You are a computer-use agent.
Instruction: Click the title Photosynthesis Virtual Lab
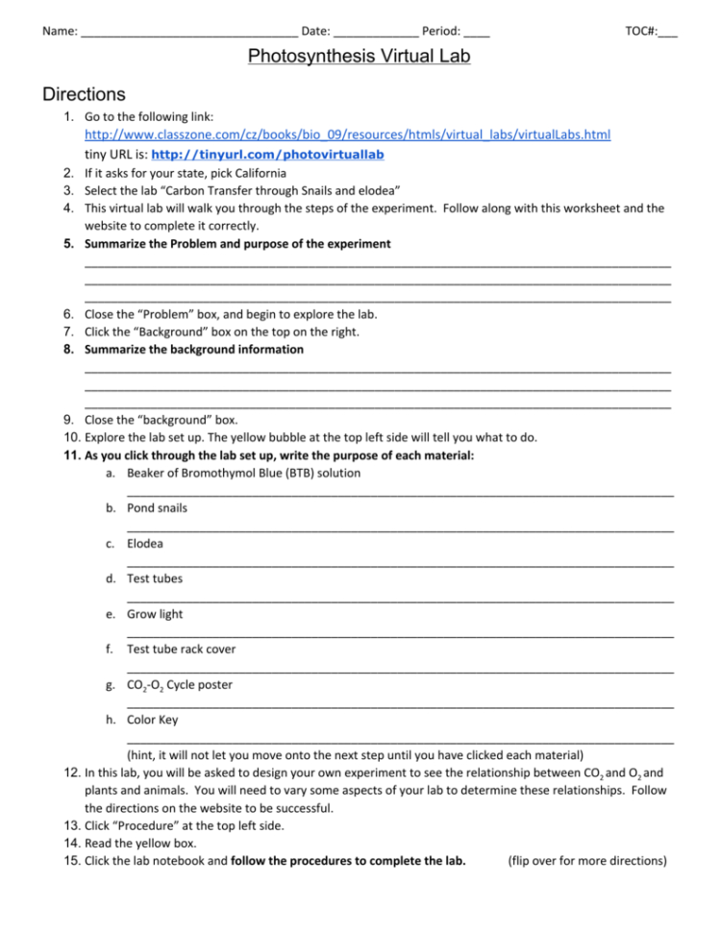pyautogui.click(x=359, y=57)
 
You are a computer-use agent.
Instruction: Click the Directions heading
pyautogui.click(x=85, y=94)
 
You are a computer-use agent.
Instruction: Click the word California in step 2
pyautogui.click(x=256, y=173)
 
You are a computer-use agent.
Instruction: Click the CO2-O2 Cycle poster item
pyautogui.click(x=179, y=685)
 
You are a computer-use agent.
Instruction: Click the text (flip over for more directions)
pyautogui.click(x=586, y=860)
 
